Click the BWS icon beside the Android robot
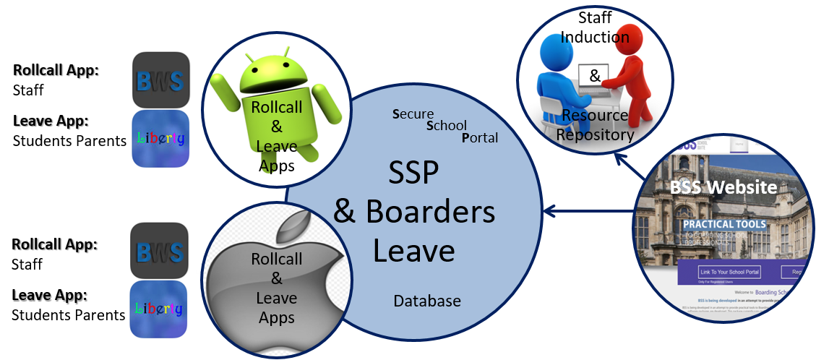pyautogui.click(x=160, y=79)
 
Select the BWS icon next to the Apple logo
pyautogui.click(x=160, y=251)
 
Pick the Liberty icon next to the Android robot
pyautogui.click(x=160, y=139)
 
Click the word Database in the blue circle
pyautogui.click(x=426, y=301)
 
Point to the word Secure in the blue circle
pyautogui.click(x=413, y=113)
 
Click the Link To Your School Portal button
pyautogui.click(x=729, y=273)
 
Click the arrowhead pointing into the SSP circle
pyautogui.click(x=549, y=211)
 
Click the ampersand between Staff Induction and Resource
pyautogui.click(x=594, y=75)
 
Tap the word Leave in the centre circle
pyautogui.click(x=413, y=249)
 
